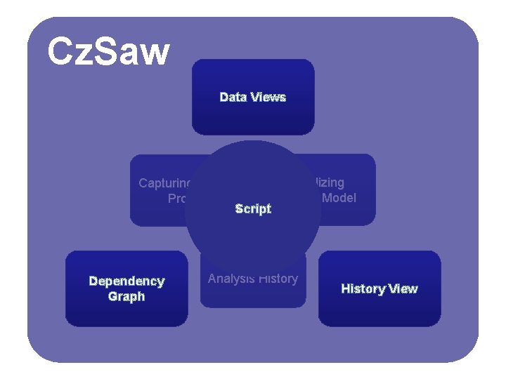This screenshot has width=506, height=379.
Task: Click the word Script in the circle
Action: coord(253,208)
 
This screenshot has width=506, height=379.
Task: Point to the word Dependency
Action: coord(126,281)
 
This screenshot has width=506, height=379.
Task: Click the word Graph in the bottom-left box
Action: coord(126,296)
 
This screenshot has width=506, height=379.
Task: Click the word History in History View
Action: coord(361,288)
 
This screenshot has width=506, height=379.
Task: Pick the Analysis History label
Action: coord(253,279)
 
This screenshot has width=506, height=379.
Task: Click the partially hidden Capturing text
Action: coord(166,183)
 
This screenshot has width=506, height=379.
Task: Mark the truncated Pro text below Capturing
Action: coord(176,199)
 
